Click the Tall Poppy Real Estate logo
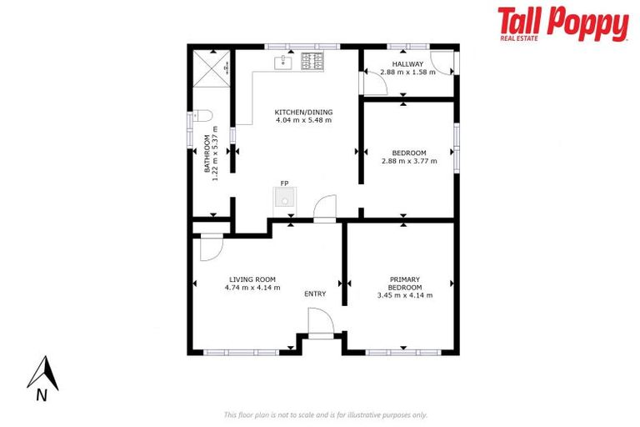tap(562, 24)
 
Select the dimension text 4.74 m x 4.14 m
tap(252, 288)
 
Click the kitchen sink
tap(283, 60)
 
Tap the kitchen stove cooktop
tap(312, 60)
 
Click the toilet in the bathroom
tap(205, 117)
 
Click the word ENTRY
tap(315, 294)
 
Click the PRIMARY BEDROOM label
tap(405, 284)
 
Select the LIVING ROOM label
tap(252, 279)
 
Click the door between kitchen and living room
tap(325, 208)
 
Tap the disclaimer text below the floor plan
tap(325, 414)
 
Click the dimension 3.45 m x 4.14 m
tap(405, 295)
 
